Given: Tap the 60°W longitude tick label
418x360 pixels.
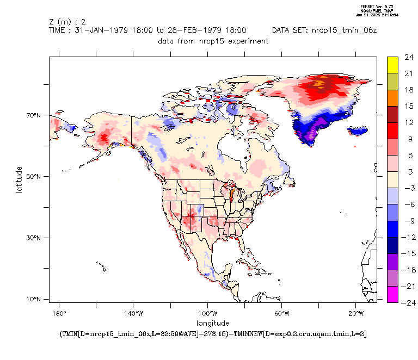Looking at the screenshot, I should point(281,313).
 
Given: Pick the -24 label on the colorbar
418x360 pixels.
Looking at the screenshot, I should point(408,303).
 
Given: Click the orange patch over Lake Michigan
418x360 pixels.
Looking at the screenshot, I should point(231,195).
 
